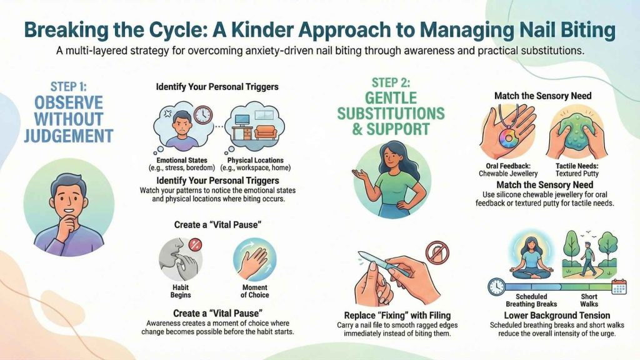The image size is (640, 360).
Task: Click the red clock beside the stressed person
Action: click(x=202, y=116)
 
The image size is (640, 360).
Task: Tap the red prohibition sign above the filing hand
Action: click(x=437, y=252)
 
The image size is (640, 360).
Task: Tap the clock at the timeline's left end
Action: click(x=496, y=287)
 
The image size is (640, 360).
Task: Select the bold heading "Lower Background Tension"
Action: click(x=547, y=316)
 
